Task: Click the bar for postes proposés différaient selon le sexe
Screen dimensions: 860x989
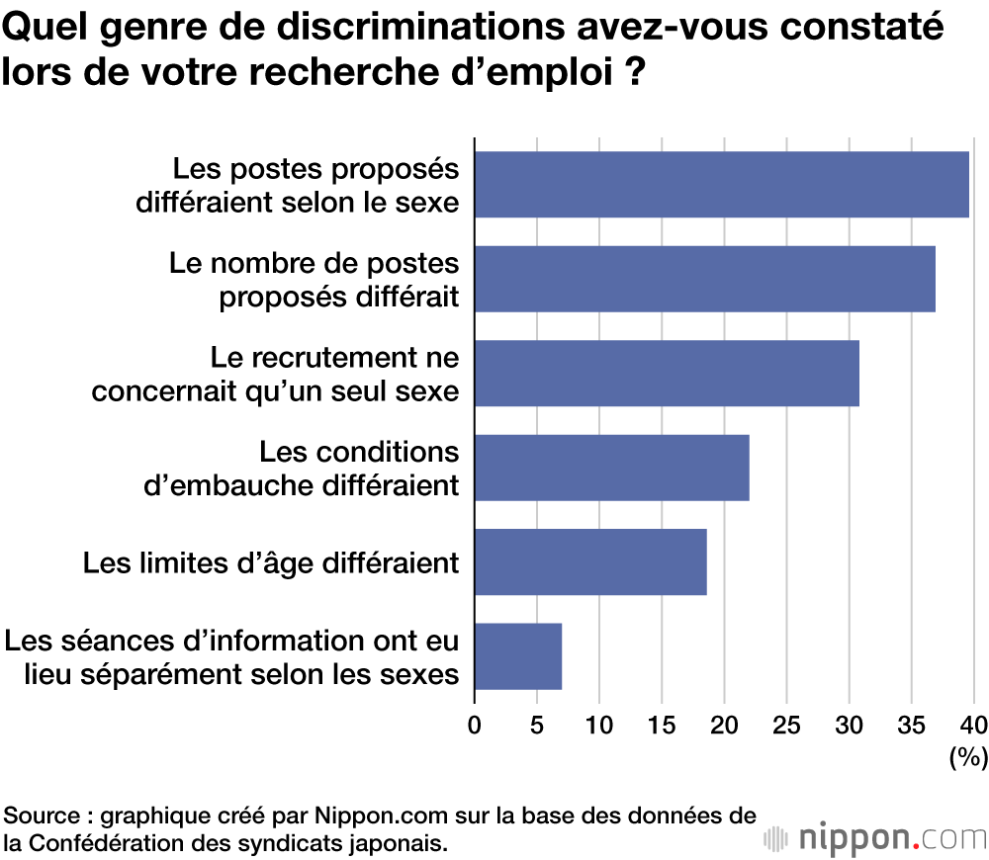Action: click(x=721, y=185)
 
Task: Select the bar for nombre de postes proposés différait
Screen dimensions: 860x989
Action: click(x=704, y=279)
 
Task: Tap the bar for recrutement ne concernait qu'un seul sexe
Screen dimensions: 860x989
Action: click(x=667, y=374)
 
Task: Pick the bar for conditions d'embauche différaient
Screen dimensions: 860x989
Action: click(x=611, y=468)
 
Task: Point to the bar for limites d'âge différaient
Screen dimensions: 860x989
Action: click(x=590, y=561)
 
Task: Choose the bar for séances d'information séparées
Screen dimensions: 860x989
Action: click(x=518, y=655)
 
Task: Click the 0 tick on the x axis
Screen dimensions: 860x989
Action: click(x=475, y=725)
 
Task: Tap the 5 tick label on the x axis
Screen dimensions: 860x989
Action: click(x=537, y=725)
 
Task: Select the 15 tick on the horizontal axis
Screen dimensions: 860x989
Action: click(x=661, y=725)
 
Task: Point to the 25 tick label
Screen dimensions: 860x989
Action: click(x=786, y=725)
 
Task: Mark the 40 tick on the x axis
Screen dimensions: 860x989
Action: click(x=973, y=725)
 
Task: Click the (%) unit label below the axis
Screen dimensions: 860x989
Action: click(x=967, y=758)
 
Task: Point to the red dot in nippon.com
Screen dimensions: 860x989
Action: click(x=916, y=846)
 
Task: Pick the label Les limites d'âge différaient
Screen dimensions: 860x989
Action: click(x=271, y=562)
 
